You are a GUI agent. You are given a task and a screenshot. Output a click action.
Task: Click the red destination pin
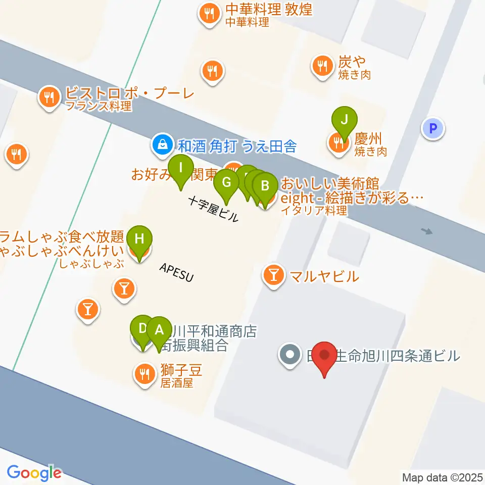324,358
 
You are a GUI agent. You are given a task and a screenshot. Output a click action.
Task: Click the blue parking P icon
432,128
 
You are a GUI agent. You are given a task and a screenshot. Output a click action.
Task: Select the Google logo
34,473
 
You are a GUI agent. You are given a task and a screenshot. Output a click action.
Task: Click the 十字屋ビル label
213,209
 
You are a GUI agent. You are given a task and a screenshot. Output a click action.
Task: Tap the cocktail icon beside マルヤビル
274,275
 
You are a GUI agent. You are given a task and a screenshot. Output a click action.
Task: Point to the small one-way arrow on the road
427,231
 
